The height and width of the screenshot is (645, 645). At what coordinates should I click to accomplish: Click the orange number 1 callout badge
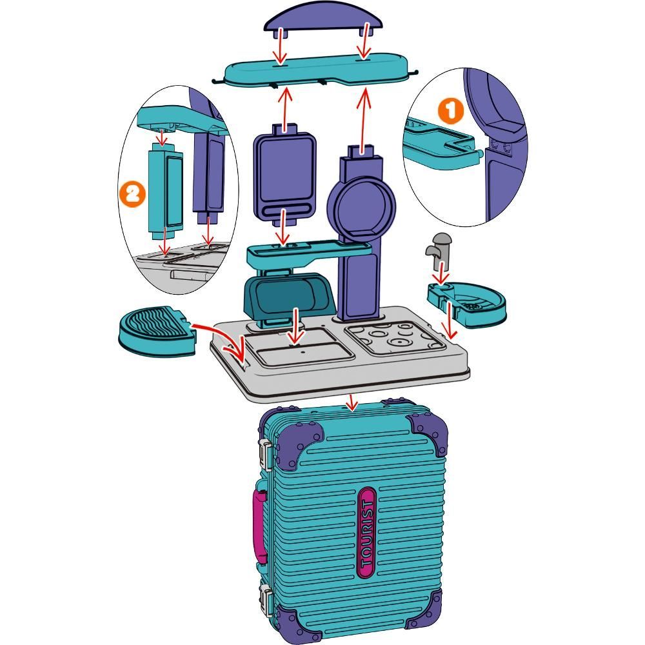pos(450,110)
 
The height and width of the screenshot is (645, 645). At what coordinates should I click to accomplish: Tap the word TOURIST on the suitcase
pos(366,533)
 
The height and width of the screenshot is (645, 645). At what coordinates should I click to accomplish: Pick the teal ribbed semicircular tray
pos(157,332)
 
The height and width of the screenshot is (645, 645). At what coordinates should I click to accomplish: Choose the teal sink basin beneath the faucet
pos(467,303)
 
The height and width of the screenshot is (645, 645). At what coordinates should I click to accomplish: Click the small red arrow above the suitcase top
pos(352,402)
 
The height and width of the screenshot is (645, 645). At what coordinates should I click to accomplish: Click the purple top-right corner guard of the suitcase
pos(428,432)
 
